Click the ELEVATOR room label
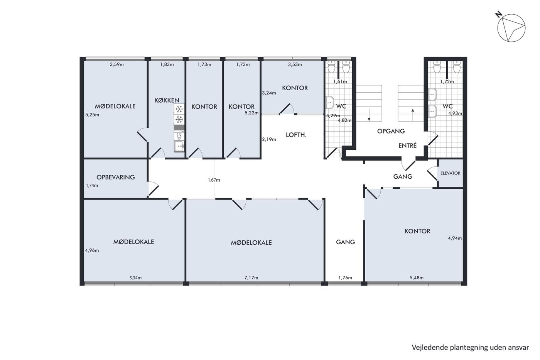pyautogui.click(x=451, y=173)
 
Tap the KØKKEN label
pyautogui.click(x=167, y=100)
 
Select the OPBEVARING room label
pyautogui.click(x=115, y=177)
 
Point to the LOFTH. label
pyautogui.click(x=296, y=135)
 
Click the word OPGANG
pyautogui.click(x=391, y=131)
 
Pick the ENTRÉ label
pyautogui.click(x=407, y=145)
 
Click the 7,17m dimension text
pyautogui.click(x=251, y=278)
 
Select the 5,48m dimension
pyautogui.click(x=417, y=278)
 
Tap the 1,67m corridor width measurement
pyautogui.click(x=214, y=180)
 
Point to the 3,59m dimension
pyautogui.click(x=116, y=64)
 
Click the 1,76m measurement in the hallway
pyautogui.click(x=345, y=278)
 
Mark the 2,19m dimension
pyautogui.click(x=269, y=139)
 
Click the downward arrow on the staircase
pyautogui.click(x=369, y=115)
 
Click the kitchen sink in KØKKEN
pyautogui.click(x=179, y=146)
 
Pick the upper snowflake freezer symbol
pyautogui.click(x=179, y=109)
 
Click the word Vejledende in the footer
pyautogui.click(x=425, y=348)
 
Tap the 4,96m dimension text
pyautogui.click(x=92, y=250)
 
